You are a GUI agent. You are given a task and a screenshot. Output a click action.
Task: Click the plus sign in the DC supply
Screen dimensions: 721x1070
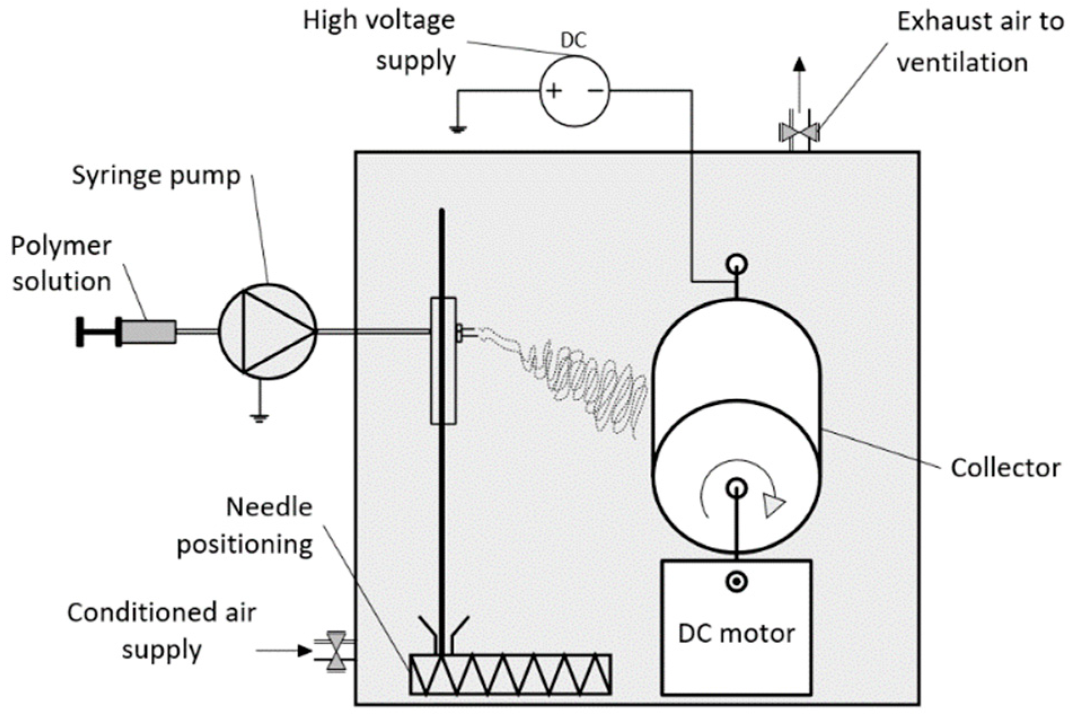pos(554,91)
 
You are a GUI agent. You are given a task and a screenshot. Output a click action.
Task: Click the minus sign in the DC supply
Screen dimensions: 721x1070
pos(596,91)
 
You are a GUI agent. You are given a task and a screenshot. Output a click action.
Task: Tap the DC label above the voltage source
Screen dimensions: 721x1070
pos(573,41)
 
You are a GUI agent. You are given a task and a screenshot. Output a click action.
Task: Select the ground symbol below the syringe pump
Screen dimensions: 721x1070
pos(259,417)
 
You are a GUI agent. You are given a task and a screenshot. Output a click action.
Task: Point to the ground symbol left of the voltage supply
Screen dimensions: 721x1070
pos(457,129)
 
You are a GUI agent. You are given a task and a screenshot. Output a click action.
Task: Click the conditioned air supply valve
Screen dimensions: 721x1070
pos(337,651)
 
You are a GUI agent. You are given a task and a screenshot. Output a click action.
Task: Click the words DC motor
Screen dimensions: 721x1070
pos(736,634)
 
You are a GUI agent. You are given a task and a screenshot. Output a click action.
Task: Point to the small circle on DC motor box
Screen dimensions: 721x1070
pos(736,582)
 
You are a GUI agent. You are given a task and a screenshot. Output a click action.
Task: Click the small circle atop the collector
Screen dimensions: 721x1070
pos(737,263)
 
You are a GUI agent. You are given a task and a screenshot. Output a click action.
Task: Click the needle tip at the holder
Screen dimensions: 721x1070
pos(468,334)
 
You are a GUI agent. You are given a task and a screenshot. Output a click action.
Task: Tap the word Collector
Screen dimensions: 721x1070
pos(1005,468)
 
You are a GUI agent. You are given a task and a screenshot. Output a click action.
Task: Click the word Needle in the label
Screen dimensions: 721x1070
pos(269,507)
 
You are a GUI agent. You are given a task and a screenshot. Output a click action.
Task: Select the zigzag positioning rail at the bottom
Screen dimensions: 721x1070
pos(510,674)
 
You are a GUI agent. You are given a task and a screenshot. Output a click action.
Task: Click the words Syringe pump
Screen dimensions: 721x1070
pos(156,176)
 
